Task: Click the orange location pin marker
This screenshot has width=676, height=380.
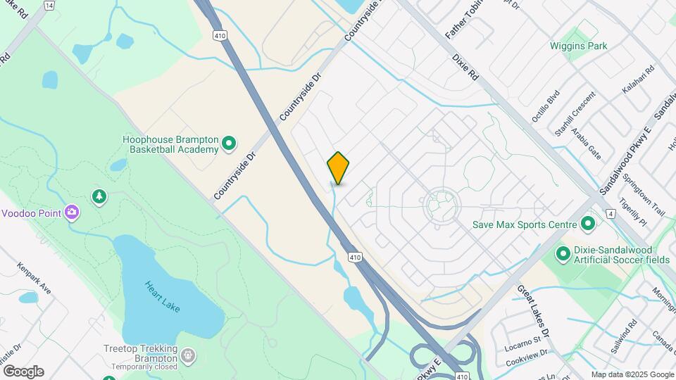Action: point(338,167)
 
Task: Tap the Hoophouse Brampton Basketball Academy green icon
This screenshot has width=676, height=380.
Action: point(228,144)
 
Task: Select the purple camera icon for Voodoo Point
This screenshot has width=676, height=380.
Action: point(71,212)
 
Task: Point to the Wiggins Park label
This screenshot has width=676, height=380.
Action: point(578,46)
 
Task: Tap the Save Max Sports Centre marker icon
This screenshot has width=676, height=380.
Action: point(588,224)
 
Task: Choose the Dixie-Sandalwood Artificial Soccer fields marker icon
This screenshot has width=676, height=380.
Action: point(563,253)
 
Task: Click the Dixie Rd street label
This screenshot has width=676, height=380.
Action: point(465,65)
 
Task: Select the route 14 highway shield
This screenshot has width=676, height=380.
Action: point(49,5)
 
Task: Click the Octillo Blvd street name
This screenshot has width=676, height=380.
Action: point(546,106)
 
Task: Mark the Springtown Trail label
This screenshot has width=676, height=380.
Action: point(649,193)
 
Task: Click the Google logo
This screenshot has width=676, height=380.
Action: point(23,372)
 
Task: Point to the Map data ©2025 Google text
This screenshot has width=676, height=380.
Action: point(632,374)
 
